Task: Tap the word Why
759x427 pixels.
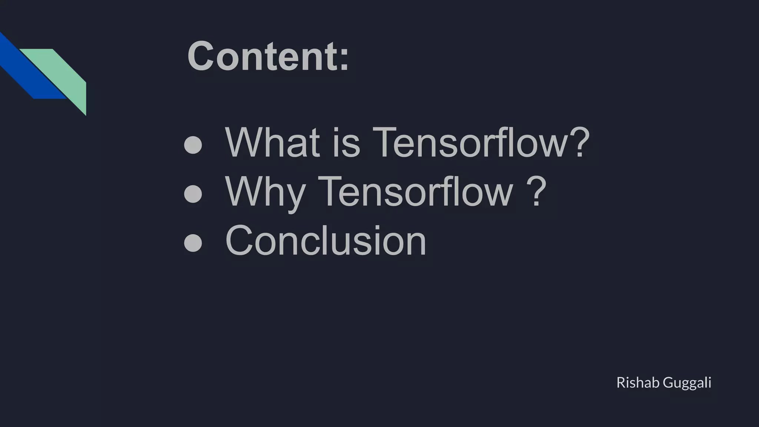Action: click(x=265, y=192)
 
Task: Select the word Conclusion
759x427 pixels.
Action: click(x=326, y=241)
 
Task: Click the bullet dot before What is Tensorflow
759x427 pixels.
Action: click(x=193, y=145)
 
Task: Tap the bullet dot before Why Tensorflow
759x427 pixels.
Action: click(x=193, y=194)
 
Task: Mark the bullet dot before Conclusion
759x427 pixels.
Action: click(x=193, y=243)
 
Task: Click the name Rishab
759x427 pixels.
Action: click(x=637, y=383)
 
